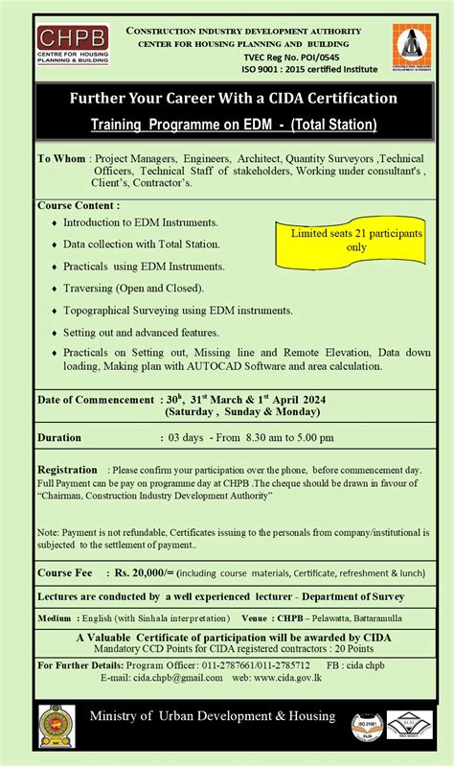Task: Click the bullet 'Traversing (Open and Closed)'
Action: coord(133,288)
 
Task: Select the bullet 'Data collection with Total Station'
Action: coord(141,244)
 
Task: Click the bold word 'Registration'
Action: coord(67,470)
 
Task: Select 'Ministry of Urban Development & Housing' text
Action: coord(213,717)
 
